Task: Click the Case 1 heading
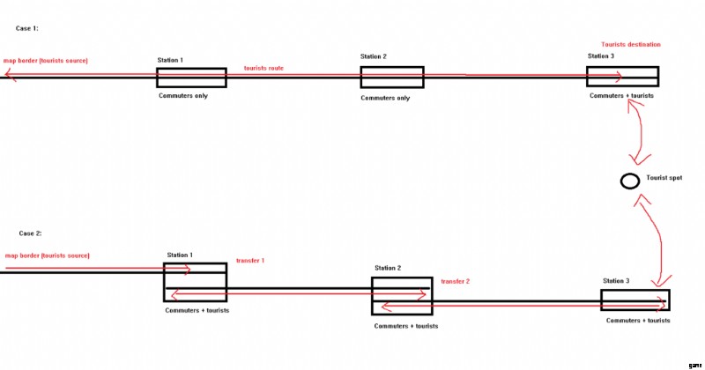pos(26,29)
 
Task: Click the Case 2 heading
pos(30,233)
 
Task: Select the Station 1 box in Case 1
pos(192,78)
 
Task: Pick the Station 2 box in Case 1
pos(391,78)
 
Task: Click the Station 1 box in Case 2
pos(195,281)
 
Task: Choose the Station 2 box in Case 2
pos(402,296)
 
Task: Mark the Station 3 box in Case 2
pos(635,300)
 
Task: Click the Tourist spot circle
pos(629,181)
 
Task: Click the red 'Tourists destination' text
pos(631,44)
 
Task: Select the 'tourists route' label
pos(263,68)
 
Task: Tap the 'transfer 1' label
pos(250,261)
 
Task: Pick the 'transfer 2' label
pos(456,281)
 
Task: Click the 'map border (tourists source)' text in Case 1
pos(46,61)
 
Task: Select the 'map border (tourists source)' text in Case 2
pos(47,255)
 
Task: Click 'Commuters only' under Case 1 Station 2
pos(385,98)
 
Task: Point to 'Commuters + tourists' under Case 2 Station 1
pos(197,310)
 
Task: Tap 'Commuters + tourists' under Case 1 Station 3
pos(623,95)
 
